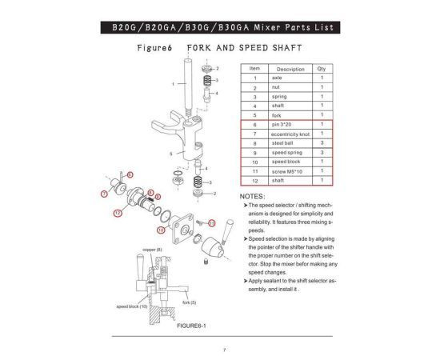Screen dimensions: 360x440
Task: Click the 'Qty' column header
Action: pos(320,69)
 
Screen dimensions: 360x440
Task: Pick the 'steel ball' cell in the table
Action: pos(283,142)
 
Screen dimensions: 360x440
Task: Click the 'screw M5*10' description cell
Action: pos(286,170)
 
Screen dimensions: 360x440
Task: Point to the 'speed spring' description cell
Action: pos(286,152)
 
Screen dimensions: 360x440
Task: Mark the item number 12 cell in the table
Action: pos(254,180)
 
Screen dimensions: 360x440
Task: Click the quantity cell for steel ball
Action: pos(320,142)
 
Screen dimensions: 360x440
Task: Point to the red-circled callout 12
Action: pos(118,213)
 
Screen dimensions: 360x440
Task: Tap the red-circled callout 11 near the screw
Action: pos(211,221)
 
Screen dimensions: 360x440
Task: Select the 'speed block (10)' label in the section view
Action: pos(132,306)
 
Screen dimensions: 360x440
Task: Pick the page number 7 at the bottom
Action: pos(224,350)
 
